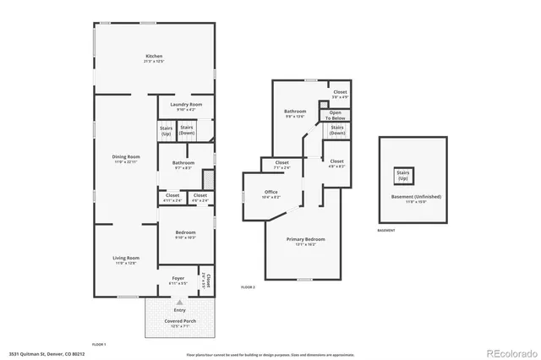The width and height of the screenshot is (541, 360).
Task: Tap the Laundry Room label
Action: coord(185,107)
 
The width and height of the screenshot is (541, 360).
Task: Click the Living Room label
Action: coord(126,260)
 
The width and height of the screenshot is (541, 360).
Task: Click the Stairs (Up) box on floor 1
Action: coord(166,131)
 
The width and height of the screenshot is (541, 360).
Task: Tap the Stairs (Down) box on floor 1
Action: coord(187,130)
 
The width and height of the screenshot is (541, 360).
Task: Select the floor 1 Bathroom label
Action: coord(183,165)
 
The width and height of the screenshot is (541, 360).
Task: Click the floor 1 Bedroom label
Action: coord(185,235)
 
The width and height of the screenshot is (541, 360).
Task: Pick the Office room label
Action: coord(270,194)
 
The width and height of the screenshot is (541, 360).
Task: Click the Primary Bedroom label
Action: coord(305,242)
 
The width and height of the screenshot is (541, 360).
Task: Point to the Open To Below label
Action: coord(336,114)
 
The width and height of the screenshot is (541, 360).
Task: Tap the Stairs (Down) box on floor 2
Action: coord(337,130)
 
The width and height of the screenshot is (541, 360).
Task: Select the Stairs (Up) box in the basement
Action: coord(402,176)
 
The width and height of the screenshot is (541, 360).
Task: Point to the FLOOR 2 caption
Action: coord(248,288)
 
